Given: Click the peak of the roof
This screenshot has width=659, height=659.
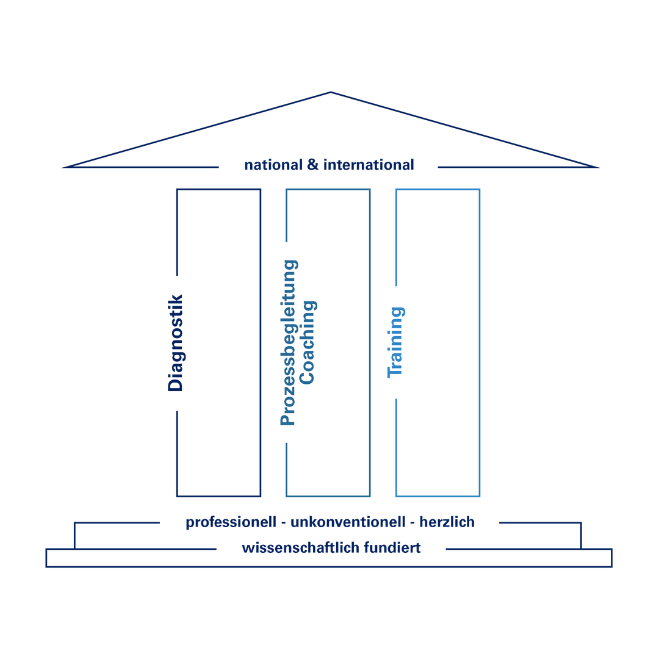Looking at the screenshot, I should click(331, 92).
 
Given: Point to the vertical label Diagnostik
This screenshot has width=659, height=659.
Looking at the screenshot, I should click(175, 342).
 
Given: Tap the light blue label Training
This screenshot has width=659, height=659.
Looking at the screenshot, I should click(397, 342).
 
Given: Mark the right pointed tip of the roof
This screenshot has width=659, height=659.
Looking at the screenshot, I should click(597, 167).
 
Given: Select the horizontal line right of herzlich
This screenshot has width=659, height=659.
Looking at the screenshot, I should click(537, 523).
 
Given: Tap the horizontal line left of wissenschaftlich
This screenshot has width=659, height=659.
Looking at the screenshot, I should click(131, 549).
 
